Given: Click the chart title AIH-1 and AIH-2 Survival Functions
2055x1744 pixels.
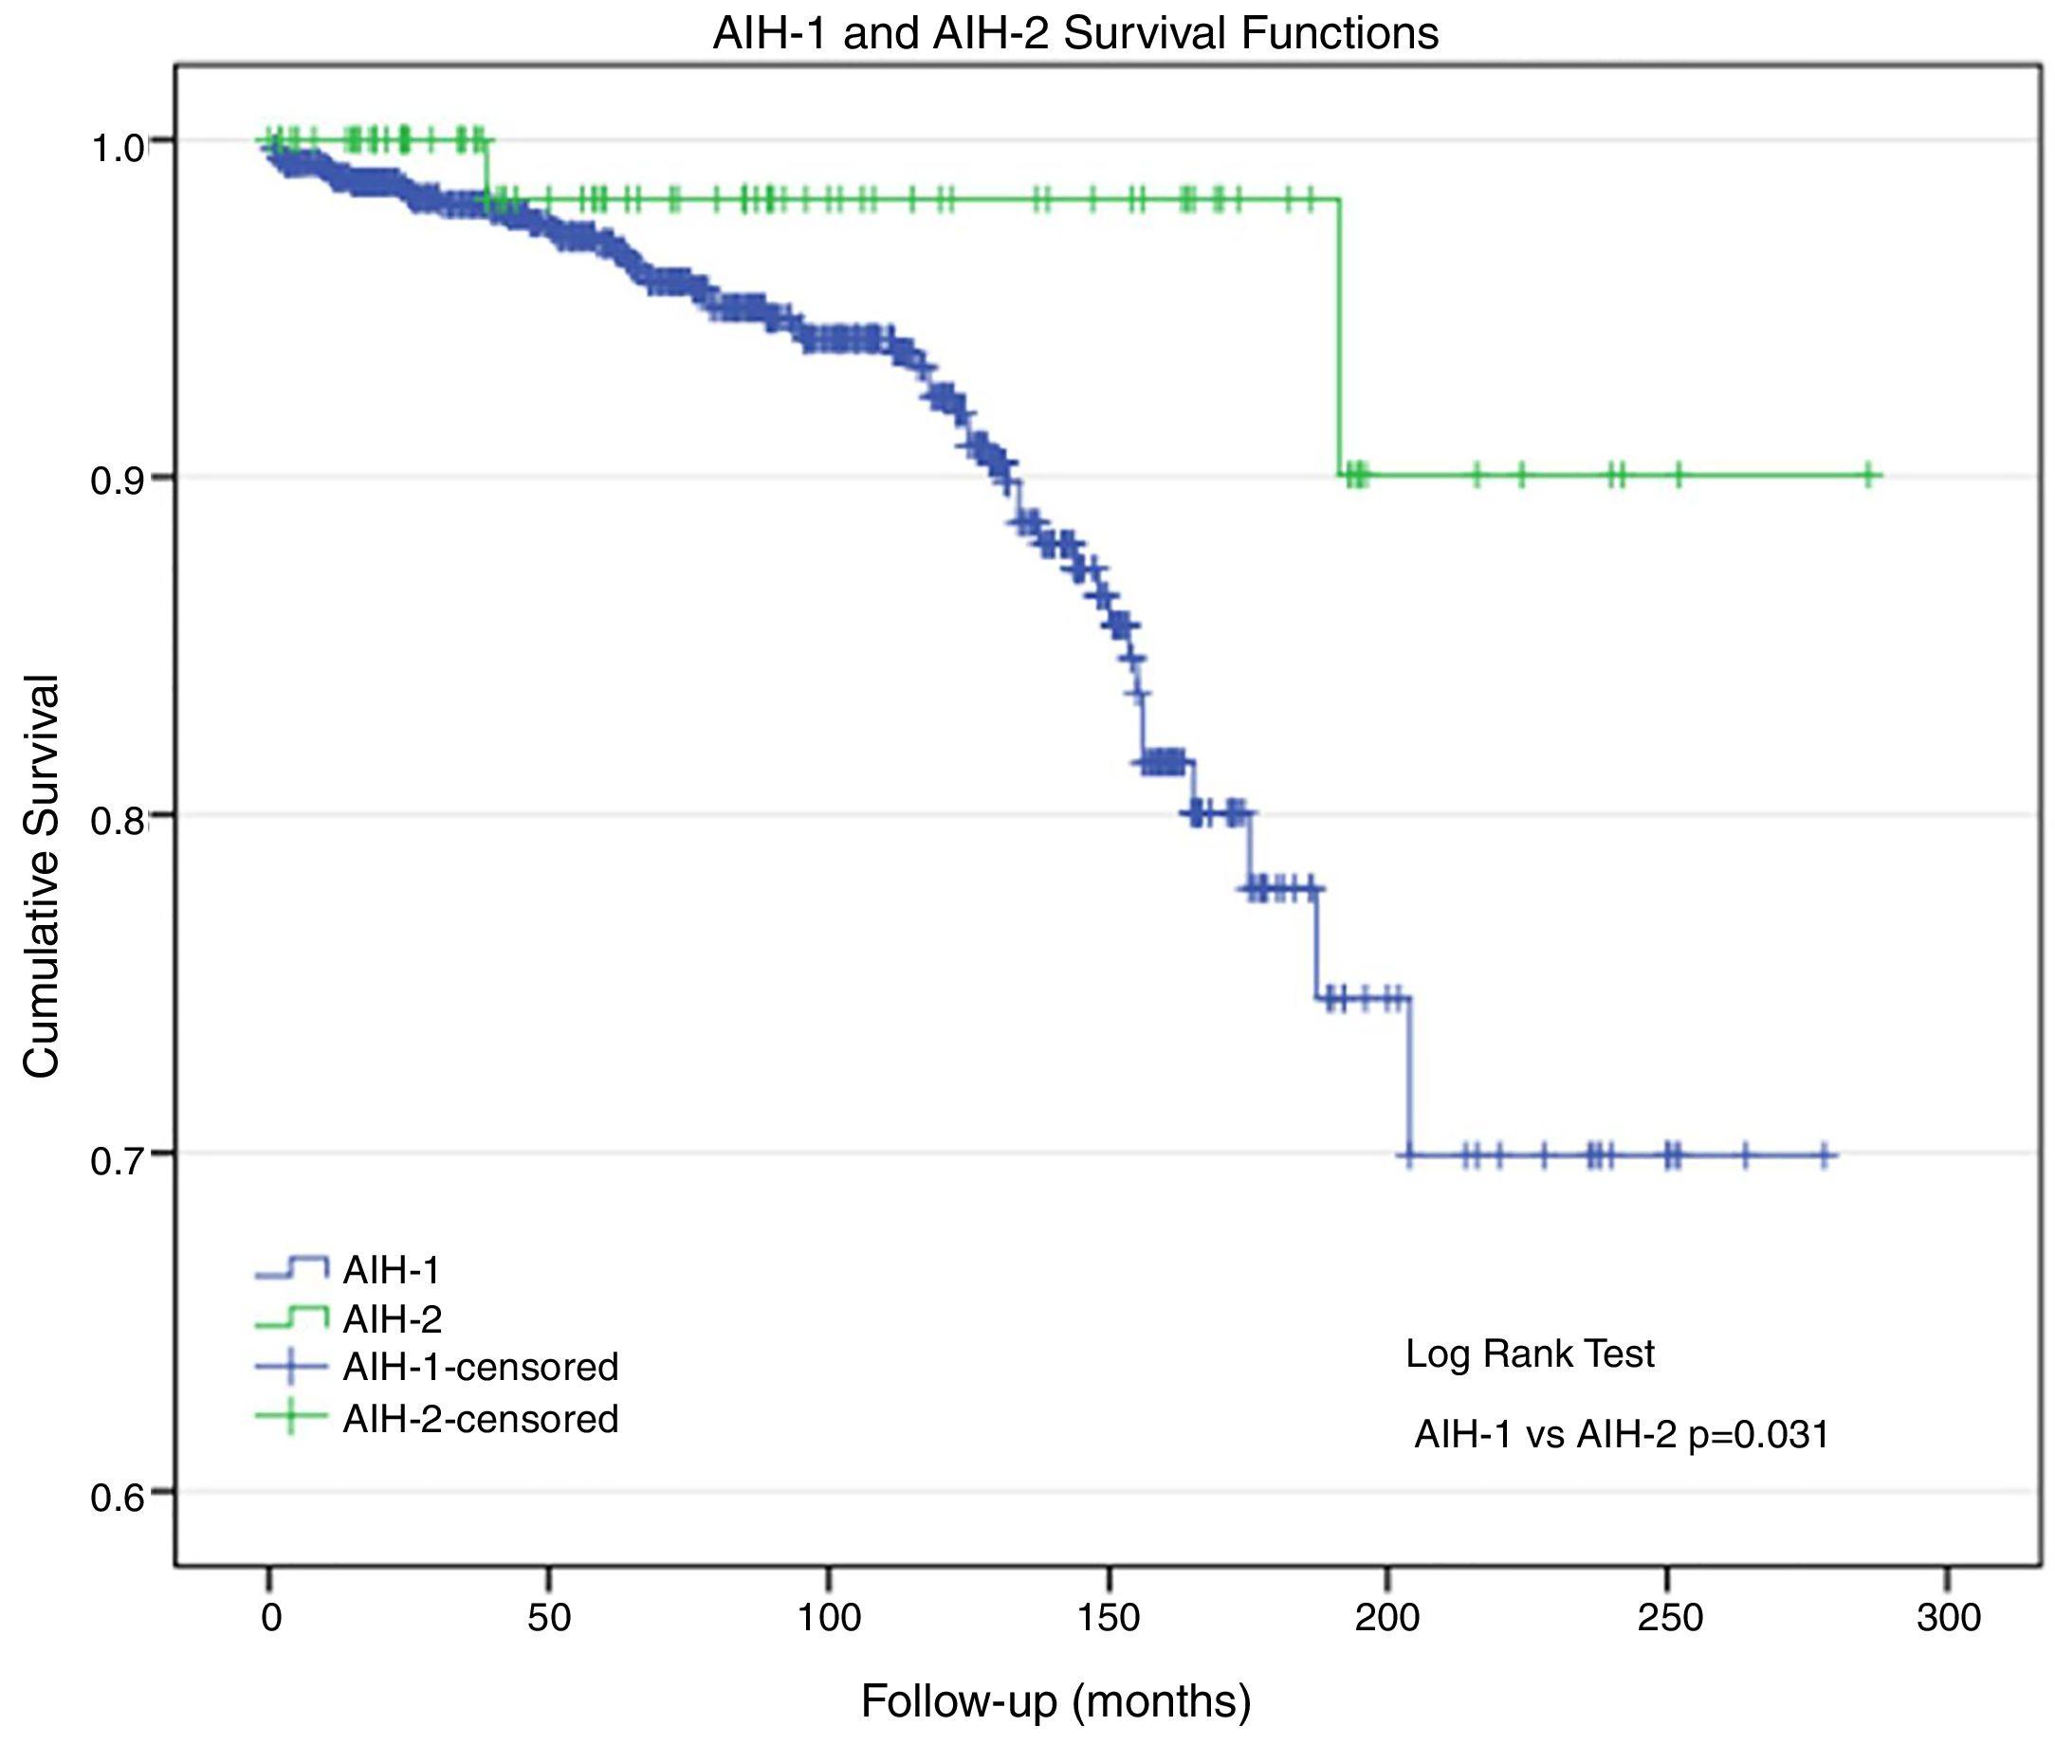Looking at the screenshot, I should pos(1075,33).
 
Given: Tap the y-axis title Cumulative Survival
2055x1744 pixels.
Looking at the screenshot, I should pos(42,876).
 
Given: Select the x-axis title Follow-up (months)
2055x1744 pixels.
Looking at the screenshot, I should pos(1055,1700).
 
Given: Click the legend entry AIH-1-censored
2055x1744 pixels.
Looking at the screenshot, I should pos(480,1368).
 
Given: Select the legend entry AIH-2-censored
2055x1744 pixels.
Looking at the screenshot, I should pos(480,1419).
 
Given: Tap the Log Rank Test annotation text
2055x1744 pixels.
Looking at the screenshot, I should pos(1529,1353).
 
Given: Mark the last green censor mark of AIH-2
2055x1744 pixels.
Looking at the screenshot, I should pos(1869,476).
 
